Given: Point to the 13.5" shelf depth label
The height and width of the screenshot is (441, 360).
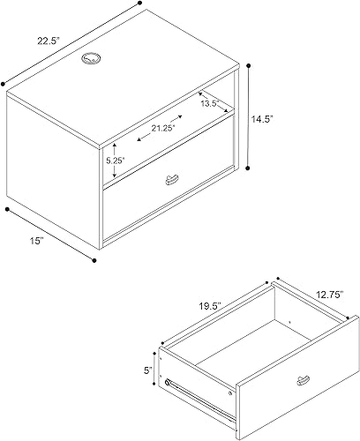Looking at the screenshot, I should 208,103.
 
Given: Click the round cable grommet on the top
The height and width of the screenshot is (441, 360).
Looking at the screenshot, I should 92,59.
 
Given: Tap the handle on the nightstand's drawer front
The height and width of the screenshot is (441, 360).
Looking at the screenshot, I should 169,181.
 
